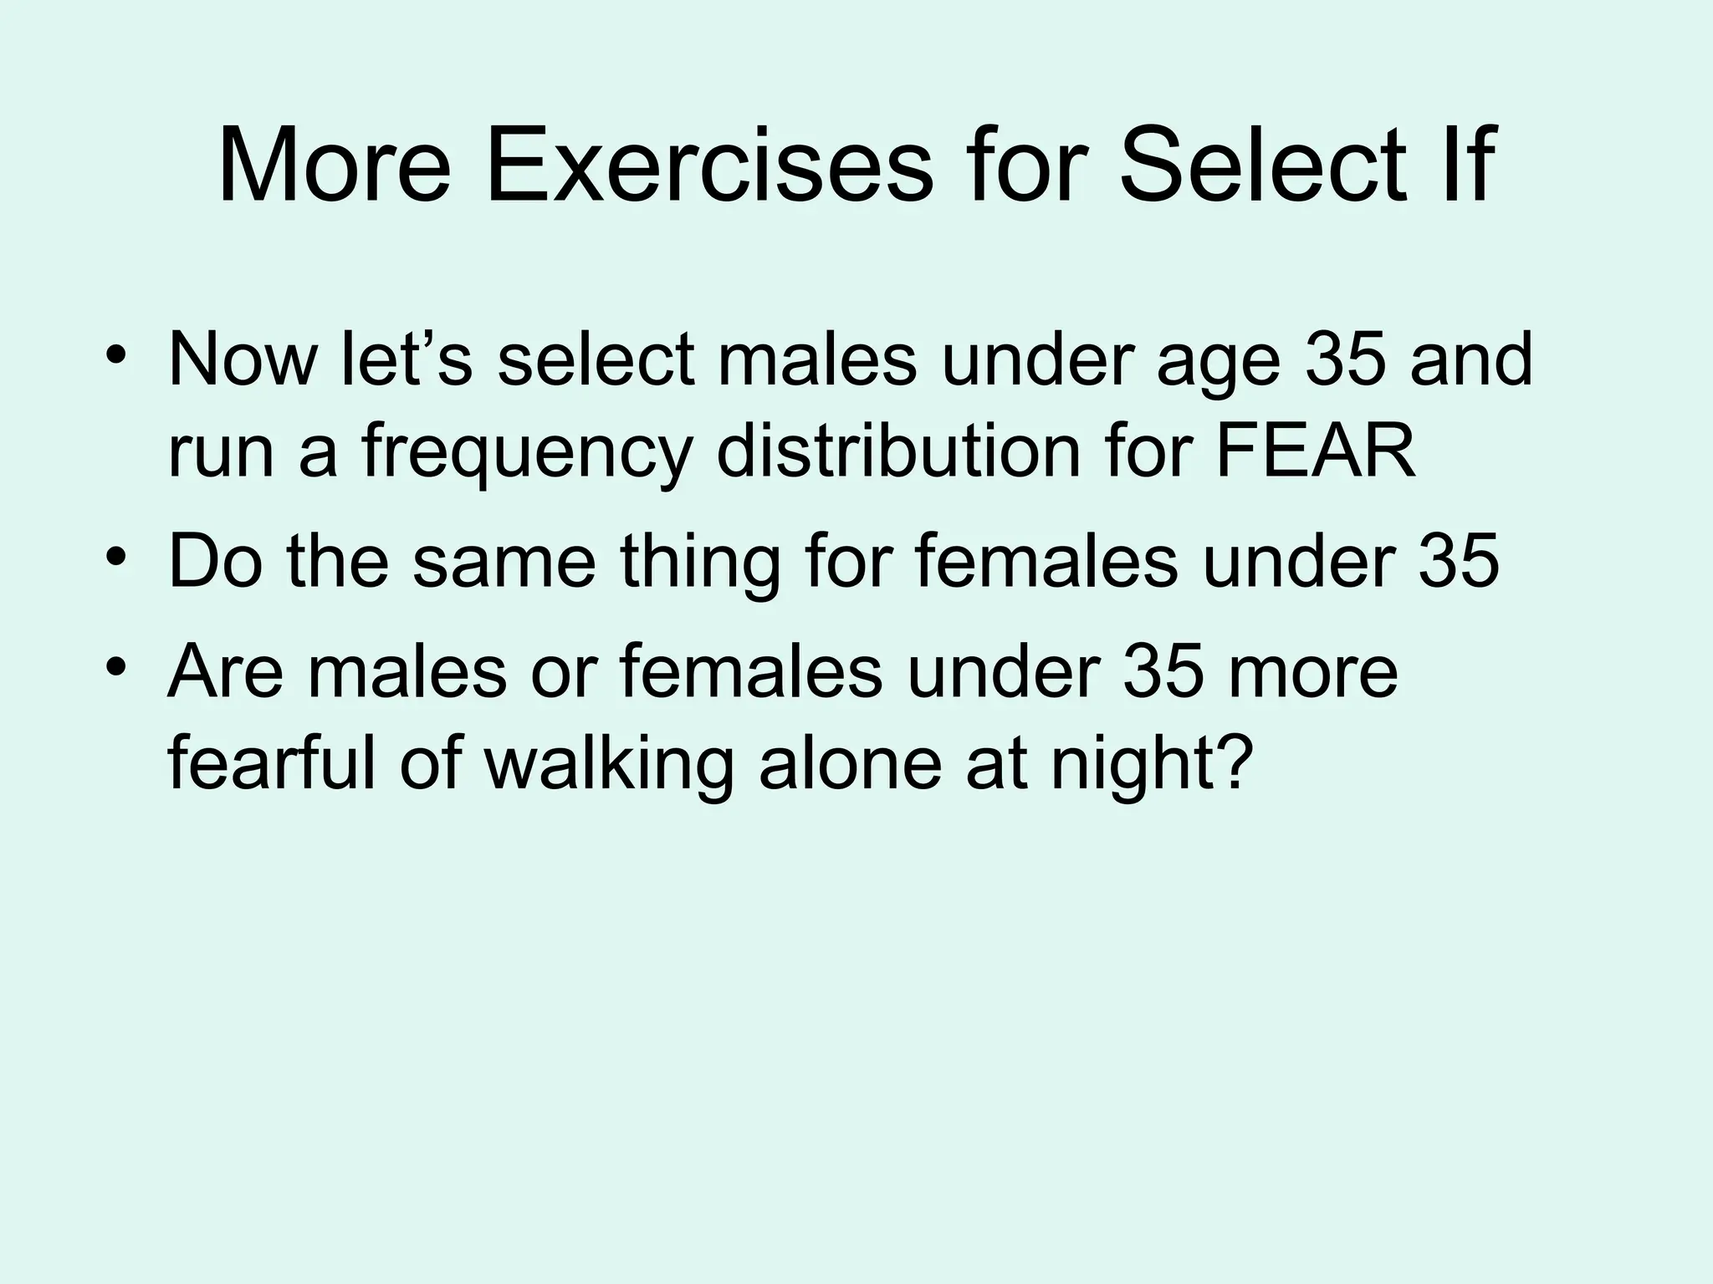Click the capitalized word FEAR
pyautogui.click(x=1315, y=451)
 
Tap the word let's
pyautogui.click(x=407, y=359)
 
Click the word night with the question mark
pyautogui.click(x=1153, y=765)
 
